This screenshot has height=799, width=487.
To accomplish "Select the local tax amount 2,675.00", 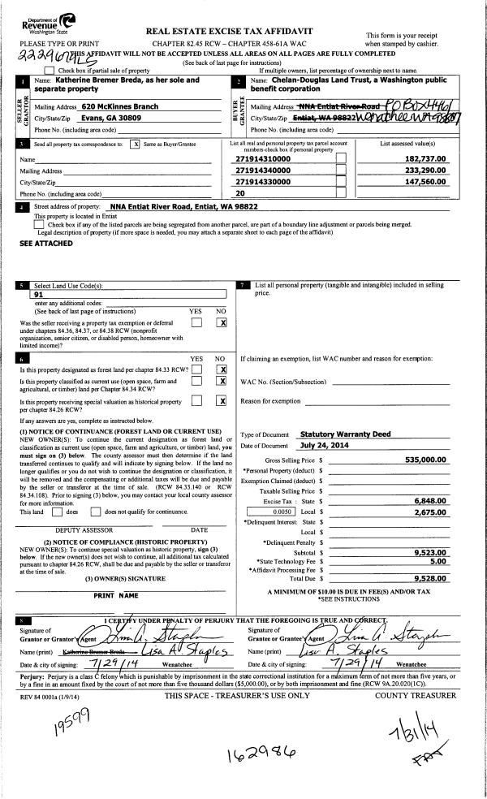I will [x=430, y=512].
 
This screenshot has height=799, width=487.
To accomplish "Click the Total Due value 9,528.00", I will [x=430, y=577].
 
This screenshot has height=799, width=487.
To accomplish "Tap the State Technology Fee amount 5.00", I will [x=439, y=560].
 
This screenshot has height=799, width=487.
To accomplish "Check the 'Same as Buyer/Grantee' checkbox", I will [x=136, y=143].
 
